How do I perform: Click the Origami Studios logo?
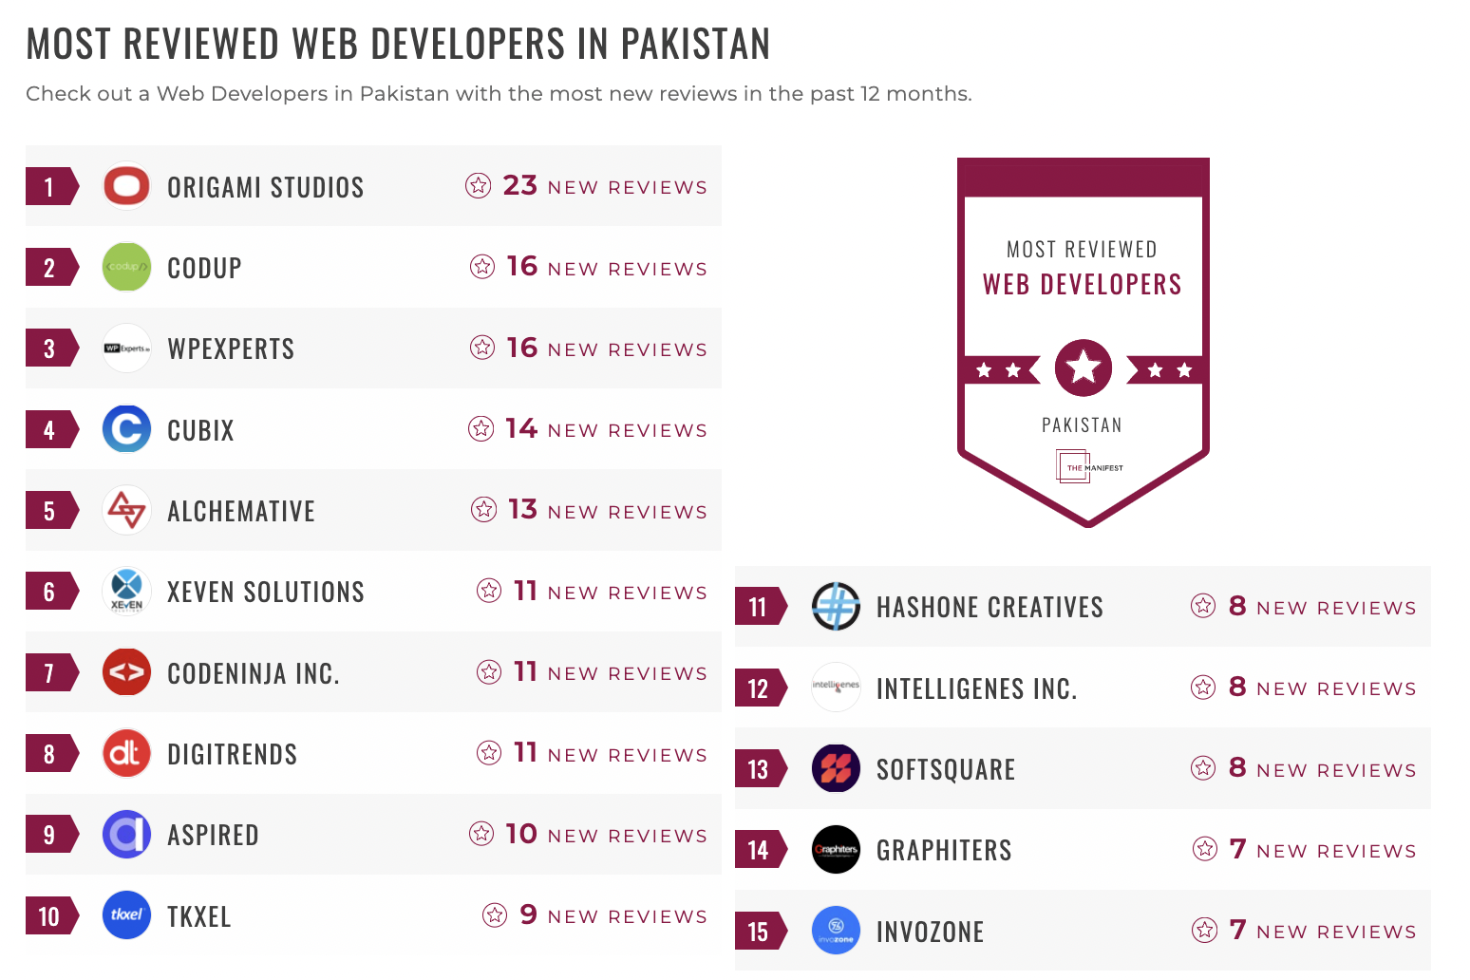point(126,186)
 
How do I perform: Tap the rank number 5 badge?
point(49,511)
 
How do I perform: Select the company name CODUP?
point(204,268)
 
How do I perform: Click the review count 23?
point(519,185)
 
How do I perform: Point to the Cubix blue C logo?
point(126,429)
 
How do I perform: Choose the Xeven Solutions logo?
point(126,591)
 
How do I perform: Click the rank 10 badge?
point(49,916)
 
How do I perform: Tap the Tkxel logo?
point(126,915)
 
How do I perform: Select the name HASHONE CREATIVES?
point(989,608)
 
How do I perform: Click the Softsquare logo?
point(836,768)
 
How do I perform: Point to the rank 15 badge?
point(758,932)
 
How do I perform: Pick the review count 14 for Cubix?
point(521,428)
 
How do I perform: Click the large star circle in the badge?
point(1084,367)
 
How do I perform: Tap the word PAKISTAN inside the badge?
point(1082,425)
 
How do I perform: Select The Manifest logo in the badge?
point(1088,467)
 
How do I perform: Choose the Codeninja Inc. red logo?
point(126,672)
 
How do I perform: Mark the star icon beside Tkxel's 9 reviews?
point(495,915)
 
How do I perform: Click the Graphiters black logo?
point(836,849)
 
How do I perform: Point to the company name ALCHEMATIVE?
point(241,511)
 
